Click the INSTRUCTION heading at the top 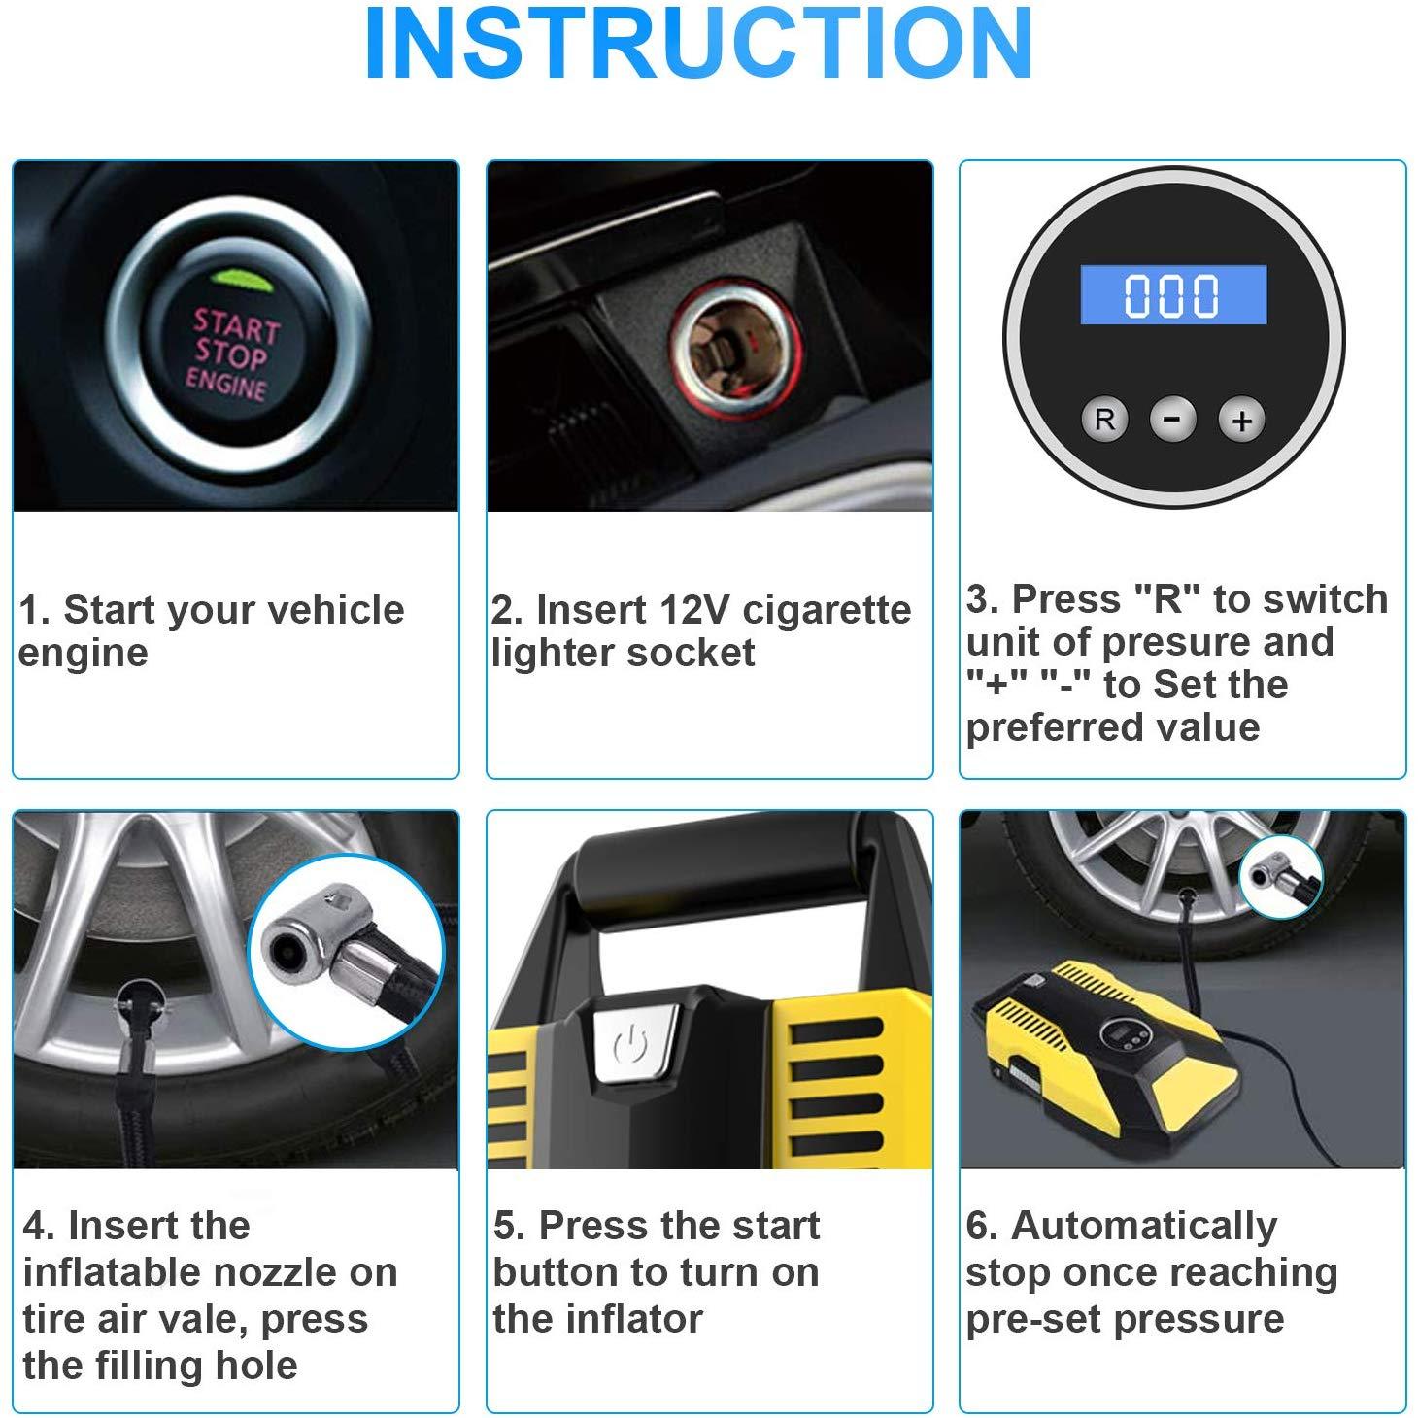click(x=699, y=43)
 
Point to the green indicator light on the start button click(x=241, y=278)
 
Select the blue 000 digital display click(x=1173, y=294)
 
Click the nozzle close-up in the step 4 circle click(x=346, y=951)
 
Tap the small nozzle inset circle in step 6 click(x=1281, y=877)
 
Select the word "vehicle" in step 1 click(x=335, y=609)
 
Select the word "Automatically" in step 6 click(x=1144, y=1227)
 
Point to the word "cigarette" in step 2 click(x=827, y=611)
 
